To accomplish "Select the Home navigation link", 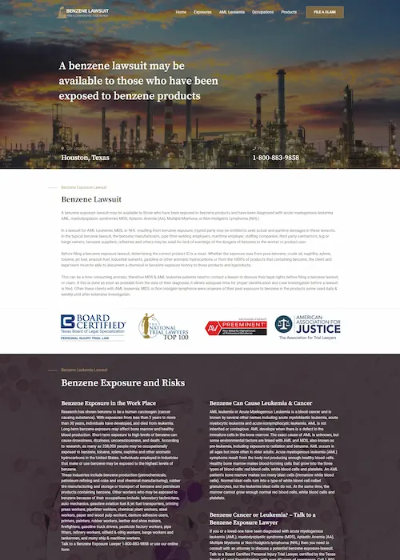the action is pos(181,13).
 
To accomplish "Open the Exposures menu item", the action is pos(202,13).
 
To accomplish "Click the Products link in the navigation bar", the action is pos(289,13).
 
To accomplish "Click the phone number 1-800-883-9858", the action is pos(275,158).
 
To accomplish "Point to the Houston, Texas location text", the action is pos(85,158).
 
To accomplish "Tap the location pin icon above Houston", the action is pos(63,148).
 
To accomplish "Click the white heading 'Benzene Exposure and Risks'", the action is pos(123,383).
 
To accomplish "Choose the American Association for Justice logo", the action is pos(307,325).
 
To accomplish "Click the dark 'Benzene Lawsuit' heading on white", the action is pos(91,198).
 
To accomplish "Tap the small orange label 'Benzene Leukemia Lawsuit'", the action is pos(85,370).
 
